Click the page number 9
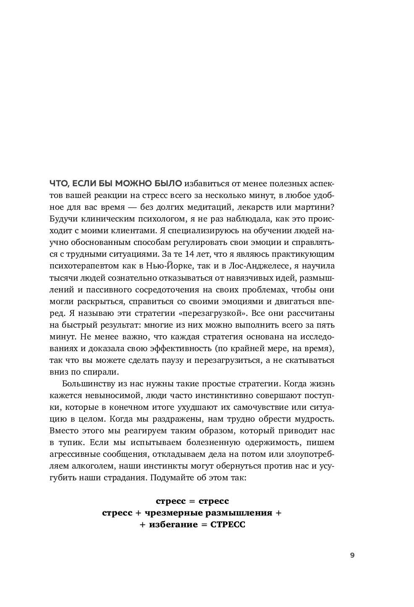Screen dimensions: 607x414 point(352,555)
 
